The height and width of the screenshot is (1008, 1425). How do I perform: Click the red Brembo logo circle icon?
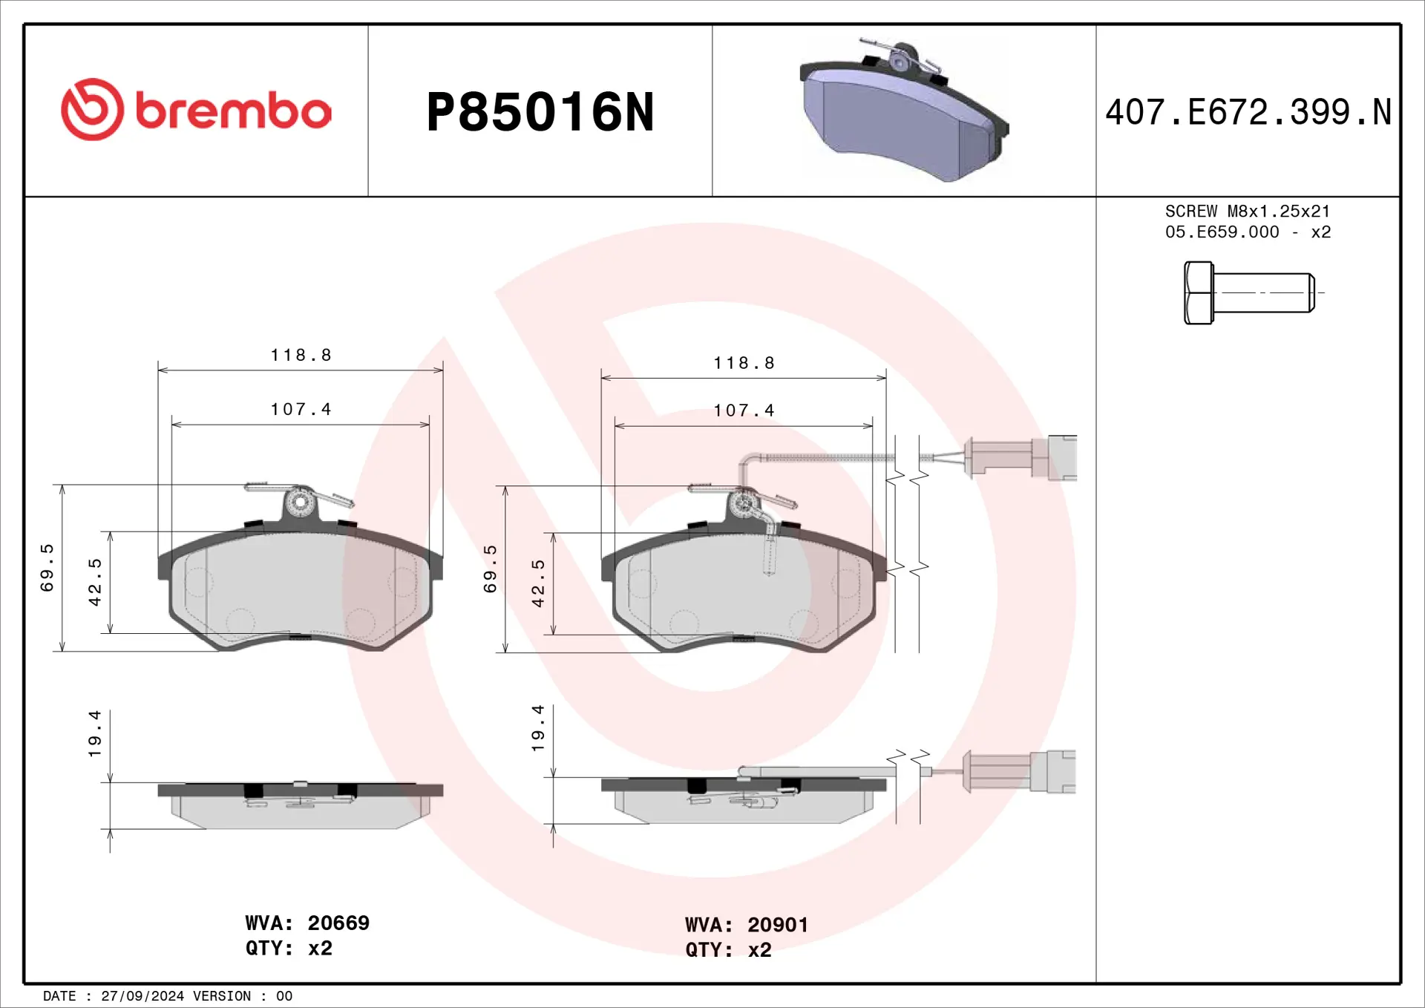click(92, 109)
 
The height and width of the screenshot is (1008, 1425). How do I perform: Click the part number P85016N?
click(540, 113)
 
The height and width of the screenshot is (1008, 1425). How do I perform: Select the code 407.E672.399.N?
click(1248, 113)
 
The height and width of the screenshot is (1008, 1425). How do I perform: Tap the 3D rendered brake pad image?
click(904, 111)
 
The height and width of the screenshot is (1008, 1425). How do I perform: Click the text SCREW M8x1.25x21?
click(1247, 212)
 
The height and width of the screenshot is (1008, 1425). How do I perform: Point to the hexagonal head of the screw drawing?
click(1198, 292)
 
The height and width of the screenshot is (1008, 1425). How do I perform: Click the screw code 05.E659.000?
click(1222, 232)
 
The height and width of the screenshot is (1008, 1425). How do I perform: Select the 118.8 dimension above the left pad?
click(301, 355)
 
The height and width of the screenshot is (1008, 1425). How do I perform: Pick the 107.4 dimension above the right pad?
click(744, 410)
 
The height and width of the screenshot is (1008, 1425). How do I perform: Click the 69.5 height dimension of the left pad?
click(47, 568)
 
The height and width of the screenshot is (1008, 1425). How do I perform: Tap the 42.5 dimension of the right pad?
click(538, 583)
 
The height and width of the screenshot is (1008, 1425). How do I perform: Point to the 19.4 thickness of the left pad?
click(94, 733)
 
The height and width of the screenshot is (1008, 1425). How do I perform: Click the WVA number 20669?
click(338, 923)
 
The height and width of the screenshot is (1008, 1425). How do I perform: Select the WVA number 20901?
click(777, 925)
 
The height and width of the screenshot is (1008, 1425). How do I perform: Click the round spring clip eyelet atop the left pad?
click(300, 503)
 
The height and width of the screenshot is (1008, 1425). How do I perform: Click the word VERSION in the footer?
click(221, 996)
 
